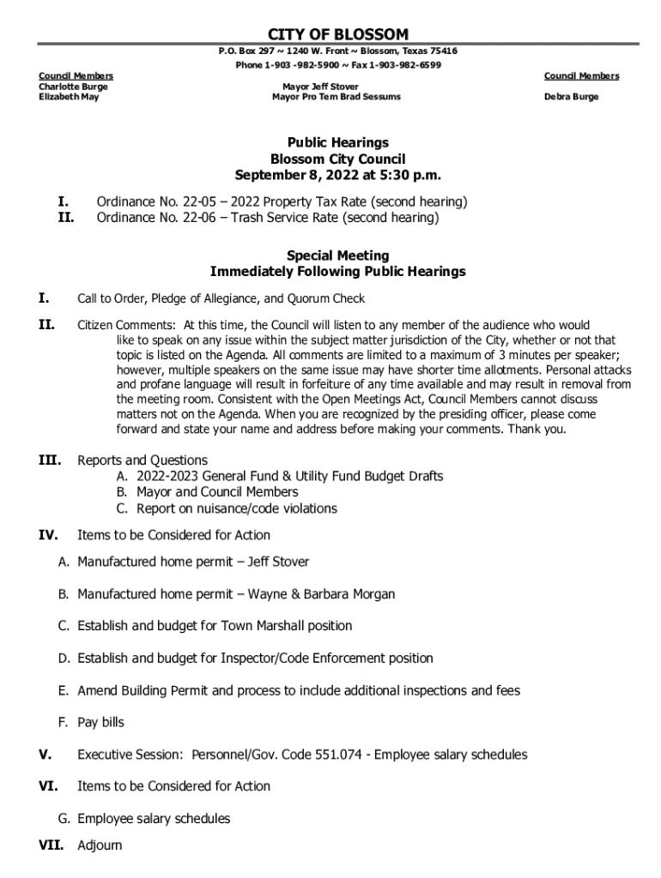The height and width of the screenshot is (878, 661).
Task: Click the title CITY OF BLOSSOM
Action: pyautogui.click(x=338, y=34)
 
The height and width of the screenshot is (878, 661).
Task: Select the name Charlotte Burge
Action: pyautogui.click(x=73, y=87)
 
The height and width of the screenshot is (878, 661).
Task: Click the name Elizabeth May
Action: pyautogui.click(x=68, y=97)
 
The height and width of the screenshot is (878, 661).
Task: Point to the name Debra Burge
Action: pyautogui.click(x=571, y=97)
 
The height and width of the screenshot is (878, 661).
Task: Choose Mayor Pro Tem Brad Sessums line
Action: pyautogui.click(x=336, y=97)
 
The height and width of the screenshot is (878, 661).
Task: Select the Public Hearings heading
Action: pyautogui.click(x=337, y=142)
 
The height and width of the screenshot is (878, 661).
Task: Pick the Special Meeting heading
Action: pyautogui.click(x=337, y=256)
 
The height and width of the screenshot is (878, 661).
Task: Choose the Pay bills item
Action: pyautogui.click(x=100, y=722)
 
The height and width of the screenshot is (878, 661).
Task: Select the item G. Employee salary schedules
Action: pyautogui.click(x=145, y=819)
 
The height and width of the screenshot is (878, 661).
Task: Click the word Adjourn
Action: pyautogui.click(x=100, y=845)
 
